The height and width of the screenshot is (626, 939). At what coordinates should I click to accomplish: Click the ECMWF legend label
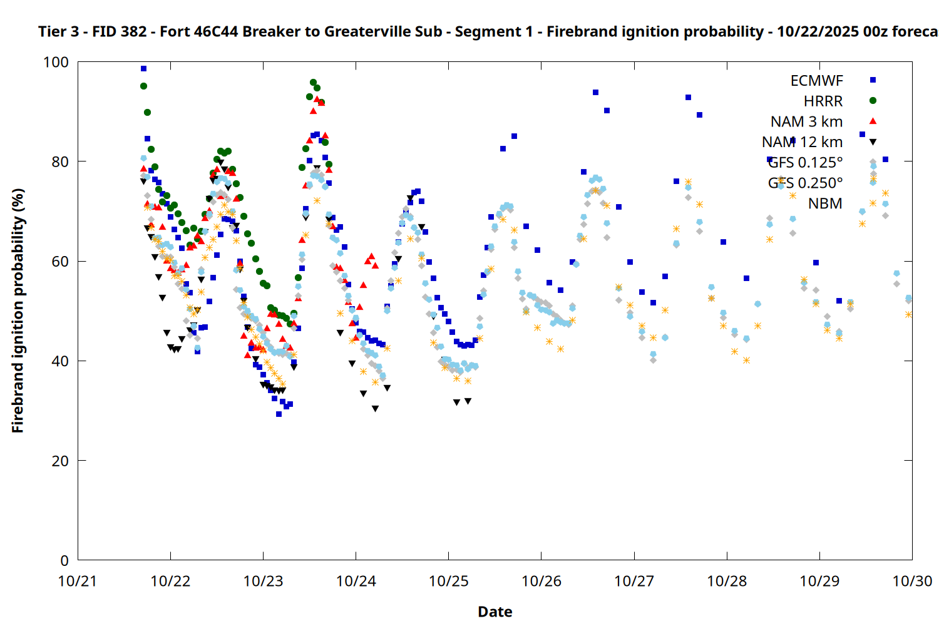pos(816,81)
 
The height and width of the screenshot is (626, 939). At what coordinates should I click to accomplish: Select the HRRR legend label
pos(823,101)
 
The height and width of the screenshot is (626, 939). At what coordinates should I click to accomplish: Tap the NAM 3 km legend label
pos(806,121)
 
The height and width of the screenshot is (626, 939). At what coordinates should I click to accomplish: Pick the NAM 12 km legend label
pos(802,142)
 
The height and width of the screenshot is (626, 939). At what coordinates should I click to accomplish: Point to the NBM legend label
pos(825,203)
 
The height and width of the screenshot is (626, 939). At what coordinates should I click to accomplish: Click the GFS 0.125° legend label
pos(805,163)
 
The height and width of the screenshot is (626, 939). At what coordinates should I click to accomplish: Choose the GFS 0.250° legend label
pos(805,183)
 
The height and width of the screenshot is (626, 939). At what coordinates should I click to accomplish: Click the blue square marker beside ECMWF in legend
pos(873,80)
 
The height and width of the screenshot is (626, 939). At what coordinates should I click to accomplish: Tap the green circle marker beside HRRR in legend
pos(873,101)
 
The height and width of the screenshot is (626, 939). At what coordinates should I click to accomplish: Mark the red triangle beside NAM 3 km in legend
pos(873,121)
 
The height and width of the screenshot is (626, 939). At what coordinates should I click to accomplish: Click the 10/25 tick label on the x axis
pos(448,581)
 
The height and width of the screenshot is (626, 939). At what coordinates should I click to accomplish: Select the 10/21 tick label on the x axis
pos(78,581)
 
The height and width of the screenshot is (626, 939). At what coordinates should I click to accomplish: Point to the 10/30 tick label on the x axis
pos(912,581)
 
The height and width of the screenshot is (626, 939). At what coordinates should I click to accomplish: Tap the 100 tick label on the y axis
pos(56,63)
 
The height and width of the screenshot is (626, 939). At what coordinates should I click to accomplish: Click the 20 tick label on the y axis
pos(60,461)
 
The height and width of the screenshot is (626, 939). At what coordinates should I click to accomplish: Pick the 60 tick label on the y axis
pos(60,262)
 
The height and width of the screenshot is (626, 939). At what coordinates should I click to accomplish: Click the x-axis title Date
pos(495,612)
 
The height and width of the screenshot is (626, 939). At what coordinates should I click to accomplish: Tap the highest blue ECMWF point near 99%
pos(143,69)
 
